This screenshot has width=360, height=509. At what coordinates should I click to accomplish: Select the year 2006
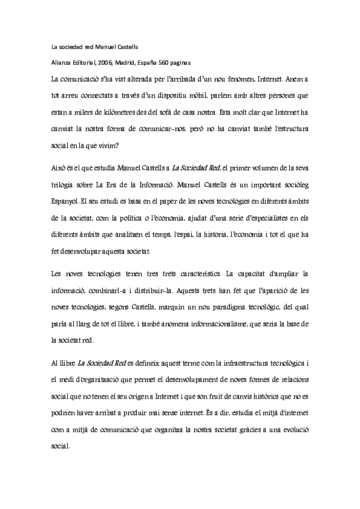[112, 62]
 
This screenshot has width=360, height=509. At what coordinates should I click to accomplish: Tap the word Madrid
[134, 62]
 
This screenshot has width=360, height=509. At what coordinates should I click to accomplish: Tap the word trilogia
[64, 183]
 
